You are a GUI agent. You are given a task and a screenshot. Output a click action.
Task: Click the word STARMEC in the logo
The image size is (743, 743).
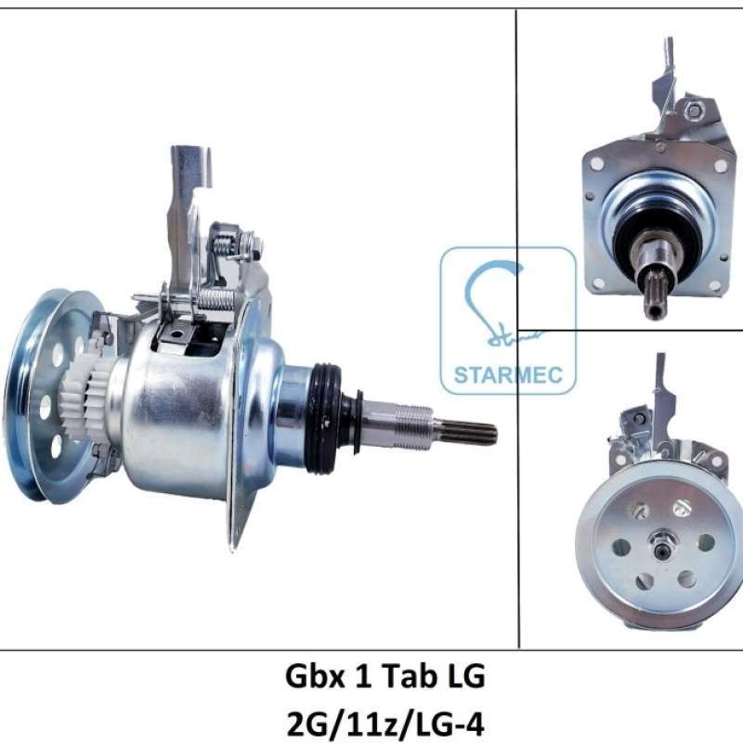[508, 376]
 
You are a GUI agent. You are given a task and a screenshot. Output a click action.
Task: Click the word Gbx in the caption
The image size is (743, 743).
[311, 678]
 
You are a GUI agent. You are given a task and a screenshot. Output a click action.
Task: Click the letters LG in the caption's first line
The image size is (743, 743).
[464, 678]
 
